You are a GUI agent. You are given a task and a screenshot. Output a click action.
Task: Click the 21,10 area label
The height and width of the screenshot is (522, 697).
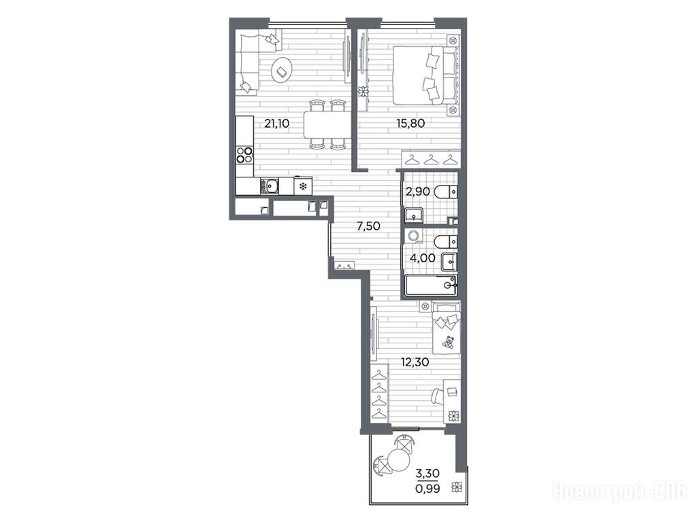coord(276,123)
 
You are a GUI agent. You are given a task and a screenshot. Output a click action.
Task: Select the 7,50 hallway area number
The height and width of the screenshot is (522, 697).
coord(368,226)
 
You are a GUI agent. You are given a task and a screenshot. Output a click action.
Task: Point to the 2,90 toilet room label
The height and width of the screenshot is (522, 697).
coord(417,192)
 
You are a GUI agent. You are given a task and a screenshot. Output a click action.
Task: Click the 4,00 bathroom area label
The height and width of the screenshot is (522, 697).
coord(423,258)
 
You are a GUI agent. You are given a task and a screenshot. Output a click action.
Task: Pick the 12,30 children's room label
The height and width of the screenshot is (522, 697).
coord(415,362)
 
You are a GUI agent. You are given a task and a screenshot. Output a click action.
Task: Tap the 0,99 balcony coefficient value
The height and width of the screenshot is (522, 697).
coord(427,489)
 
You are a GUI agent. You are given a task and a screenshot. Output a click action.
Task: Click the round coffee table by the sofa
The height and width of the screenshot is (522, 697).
coord(281,70)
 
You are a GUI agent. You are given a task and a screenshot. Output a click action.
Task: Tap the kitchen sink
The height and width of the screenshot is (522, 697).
coord(270,186)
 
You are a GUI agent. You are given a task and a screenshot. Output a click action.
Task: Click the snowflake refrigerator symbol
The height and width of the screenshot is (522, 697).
coord(303,186)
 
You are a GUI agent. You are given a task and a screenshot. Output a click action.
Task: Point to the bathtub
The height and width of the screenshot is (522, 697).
coord(431,285)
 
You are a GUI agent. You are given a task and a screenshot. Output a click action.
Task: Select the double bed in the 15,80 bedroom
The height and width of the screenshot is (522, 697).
coord(426,75)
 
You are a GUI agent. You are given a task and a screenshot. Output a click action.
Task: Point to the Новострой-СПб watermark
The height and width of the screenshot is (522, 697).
coord(619,491)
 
